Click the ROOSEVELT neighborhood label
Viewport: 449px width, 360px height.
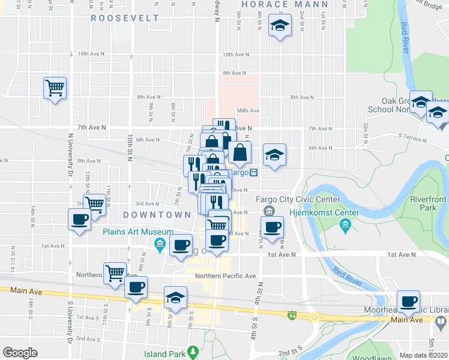click(x=125, y=18)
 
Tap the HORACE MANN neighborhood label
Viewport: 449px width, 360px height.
click(x=277, y=4)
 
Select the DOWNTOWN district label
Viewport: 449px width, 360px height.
click(x=157, y=215)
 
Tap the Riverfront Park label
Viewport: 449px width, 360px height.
click(x=428, y=203)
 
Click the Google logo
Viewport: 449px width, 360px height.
click(x=20, y=353)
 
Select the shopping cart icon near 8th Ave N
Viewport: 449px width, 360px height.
click(x=55, y=88)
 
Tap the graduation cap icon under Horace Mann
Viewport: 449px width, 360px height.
click(x=279, y=26)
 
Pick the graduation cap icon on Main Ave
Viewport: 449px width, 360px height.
click(x=175, y=298)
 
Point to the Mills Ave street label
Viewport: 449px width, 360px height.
click(x=248, y=110)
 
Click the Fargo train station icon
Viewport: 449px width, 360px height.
click(x=254, y=173)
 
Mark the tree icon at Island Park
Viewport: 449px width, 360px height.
click(x=193, y=350)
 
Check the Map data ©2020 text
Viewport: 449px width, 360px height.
click(x=423, y=355)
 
